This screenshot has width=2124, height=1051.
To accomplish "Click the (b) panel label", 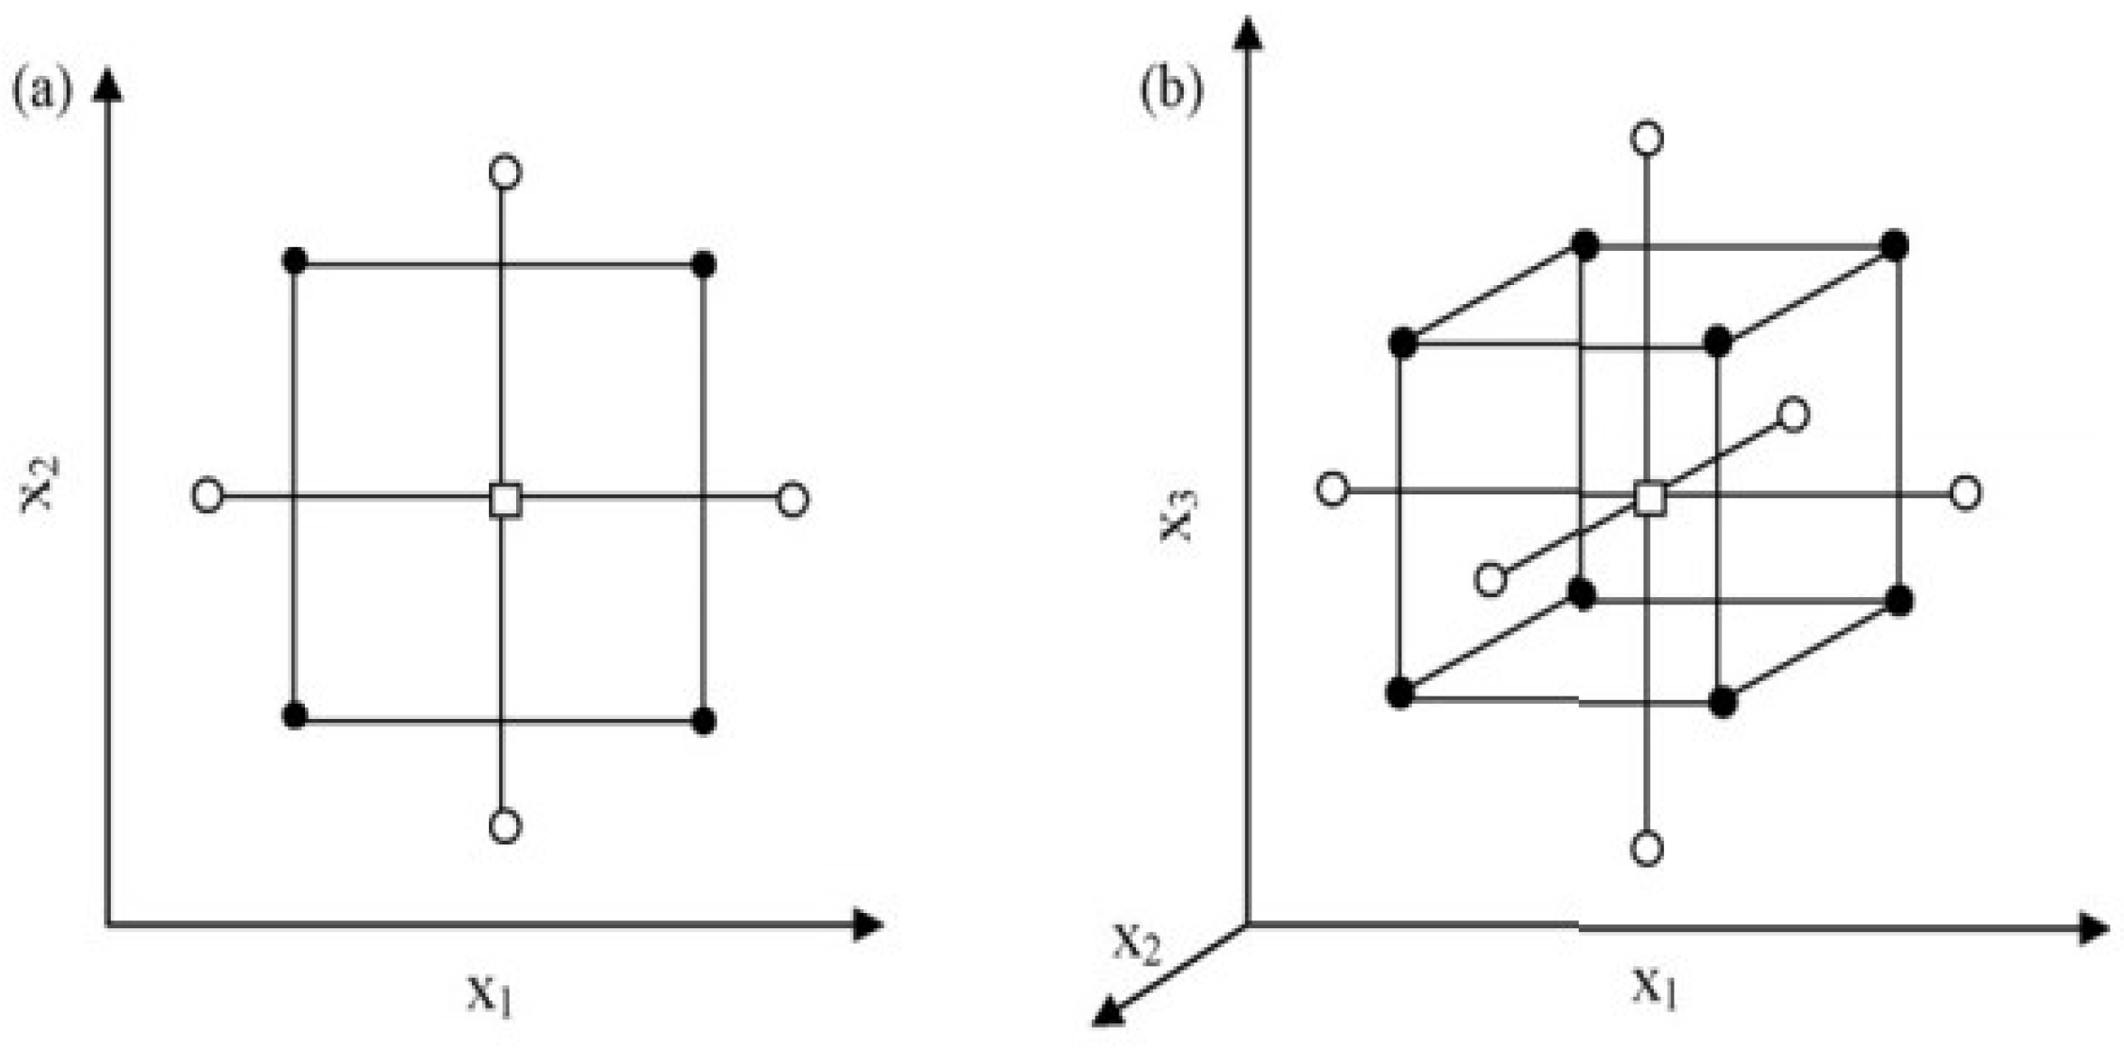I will [1170, 91].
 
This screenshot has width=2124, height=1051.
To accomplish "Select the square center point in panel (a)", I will [505, 500].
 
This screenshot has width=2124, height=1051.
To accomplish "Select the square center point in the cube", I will [1650, 498].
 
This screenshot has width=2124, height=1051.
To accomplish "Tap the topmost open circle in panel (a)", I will [505, 171].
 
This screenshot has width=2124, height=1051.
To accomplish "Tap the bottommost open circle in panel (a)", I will [505, 825].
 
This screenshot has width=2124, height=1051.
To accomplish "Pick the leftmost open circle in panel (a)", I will [208, 495].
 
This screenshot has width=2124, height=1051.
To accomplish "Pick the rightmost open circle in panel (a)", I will [792, 499].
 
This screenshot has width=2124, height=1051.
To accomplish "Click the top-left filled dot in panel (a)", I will [295, 262].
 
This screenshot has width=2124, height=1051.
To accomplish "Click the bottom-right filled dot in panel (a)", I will [704, 721].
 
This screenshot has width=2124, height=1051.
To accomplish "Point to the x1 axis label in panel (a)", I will [490, 995].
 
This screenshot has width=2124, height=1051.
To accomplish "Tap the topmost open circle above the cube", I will [1648, 138].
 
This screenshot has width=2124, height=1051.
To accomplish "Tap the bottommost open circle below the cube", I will [1648, 849].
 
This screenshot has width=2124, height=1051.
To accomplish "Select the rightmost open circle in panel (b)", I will [1966, 493].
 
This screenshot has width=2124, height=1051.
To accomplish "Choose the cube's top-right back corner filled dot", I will [1894, 245].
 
